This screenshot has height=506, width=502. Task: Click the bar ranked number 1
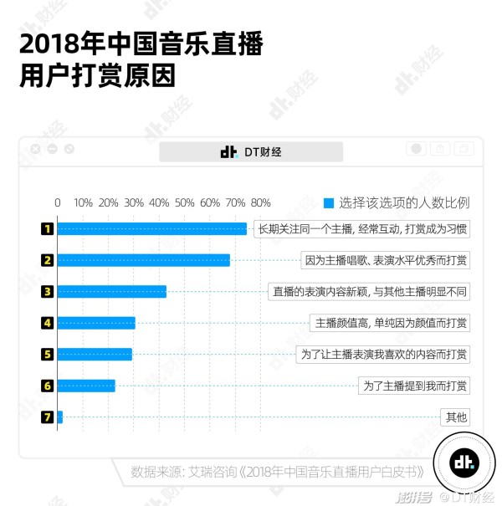point(151,228)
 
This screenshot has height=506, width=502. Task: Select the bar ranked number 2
point(143,260)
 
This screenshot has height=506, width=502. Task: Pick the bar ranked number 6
point(85,386)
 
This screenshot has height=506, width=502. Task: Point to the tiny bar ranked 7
point(59,417)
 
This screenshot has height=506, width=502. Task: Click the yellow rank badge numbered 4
point(48,323)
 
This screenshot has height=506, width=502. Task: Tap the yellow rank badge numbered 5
point(48,354)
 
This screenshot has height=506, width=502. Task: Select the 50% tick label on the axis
point(185,202)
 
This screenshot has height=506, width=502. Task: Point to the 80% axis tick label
point(260,202)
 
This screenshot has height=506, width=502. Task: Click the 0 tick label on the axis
point(58,202)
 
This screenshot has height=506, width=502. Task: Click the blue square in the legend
point(329,202)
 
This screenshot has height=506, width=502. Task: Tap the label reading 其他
point(456,417)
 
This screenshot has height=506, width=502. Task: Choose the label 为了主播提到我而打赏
point(415,386)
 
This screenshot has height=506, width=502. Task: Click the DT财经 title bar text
point(251,151)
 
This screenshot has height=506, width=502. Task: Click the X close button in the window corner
point(35,149)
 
